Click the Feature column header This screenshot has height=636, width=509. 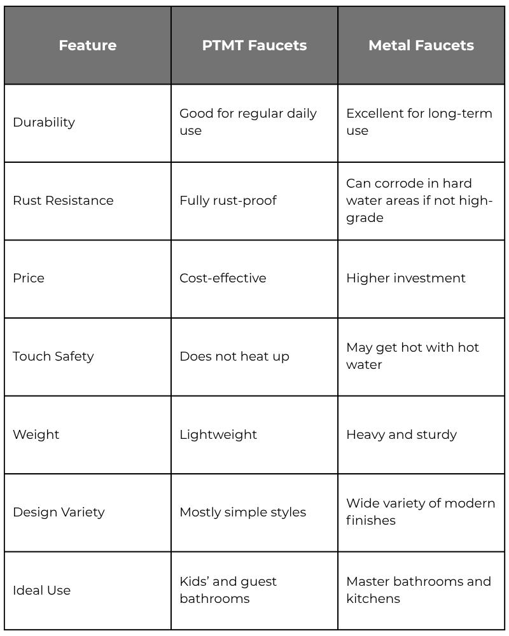(88, 45)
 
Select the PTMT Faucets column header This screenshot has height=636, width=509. (254, 45)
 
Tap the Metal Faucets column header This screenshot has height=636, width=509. (421, 45)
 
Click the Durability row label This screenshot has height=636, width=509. (44, 122)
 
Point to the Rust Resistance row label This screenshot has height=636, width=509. (63, 200)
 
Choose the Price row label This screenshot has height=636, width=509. (29, 278)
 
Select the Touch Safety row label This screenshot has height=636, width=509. (53, 356)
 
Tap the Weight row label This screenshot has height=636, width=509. (36, 434)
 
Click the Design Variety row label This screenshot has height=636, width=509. (59, 512)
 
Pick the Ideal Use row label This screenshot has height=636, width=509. (41, 590)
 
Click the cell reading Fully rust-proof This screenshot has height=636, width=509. (228, 200)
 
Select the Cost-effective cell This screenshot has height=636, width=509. (223, 278)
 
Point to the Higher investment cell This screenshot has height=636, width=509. (406, 278)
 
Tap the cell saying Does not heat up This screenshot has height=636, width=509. (234, 356)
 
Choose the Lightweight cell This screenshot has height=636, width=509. (218, 434)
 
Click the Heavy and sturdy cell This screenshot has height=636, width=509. (401, 434)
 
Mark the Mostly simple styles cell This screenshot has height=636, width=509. (242, 512)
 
